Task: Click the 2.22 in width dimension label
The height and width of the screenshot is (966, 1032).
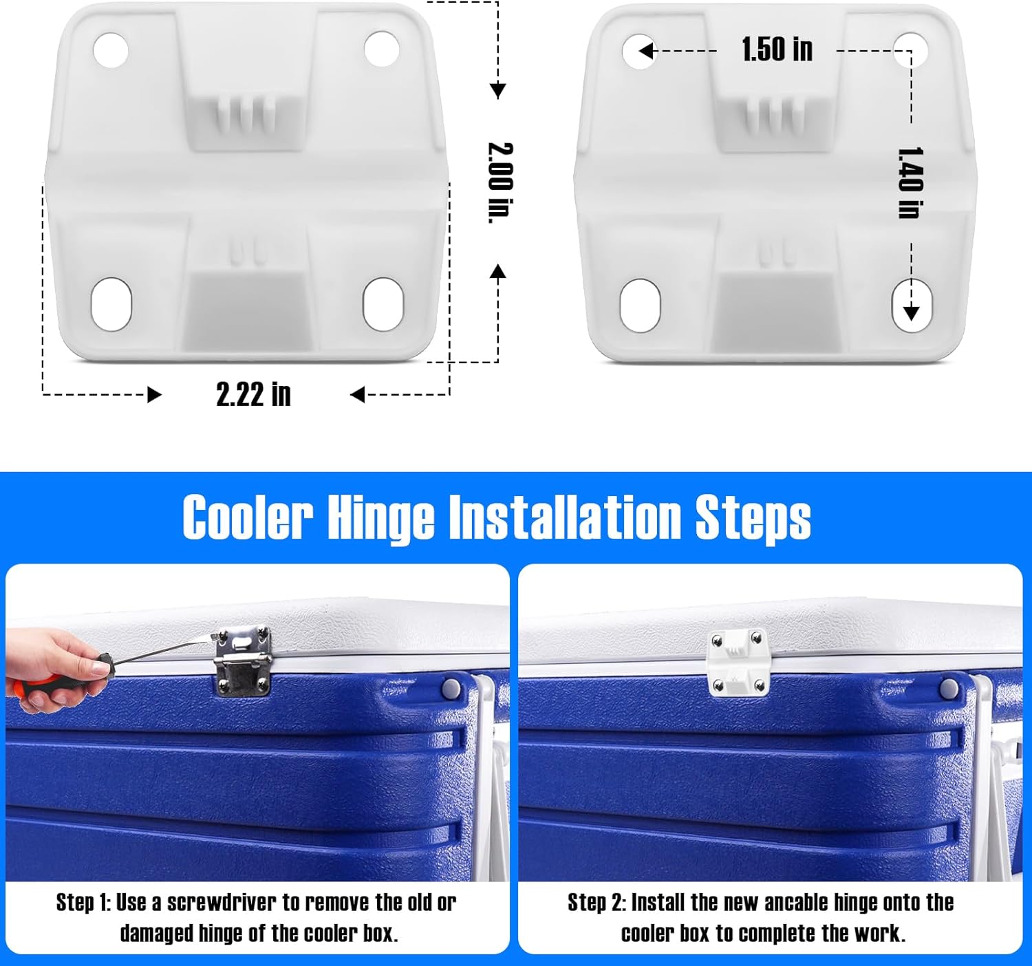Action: click(x=253, y=395)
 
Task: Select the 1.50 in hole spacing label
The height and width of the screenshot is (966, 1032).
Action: click(x=777, y=50)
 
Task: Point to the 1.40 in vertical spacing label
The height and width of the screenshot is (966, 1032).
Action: click(x=910, y=183)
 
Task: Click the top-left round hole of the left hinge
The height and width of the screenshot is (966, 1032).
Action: click(x=111, y=50)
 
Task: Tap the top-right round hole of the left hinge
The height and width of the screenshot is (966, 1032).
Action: click(x=381, y=48)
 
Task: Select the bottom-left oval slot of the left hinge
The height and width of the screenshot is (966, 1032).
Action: click(x=111, y=303)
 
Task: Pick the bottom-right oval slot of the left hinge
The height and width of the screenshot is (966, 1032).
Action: click(x=383, y=303)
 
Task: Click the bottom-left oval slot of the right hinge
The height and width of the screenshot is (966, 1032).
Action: click(x=640, y=305)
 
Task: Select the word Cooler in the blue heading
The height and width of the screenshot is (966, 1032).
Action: click(x=248, y=517)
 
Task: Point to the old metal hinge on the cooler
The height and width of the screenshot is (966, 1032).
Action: click(x=243, y=660)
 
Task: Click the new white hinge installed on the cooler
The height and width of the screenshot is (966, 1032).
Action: click(x=738, y=661)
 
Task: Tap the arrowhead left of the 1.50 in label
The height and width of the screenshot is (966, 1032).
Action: click(x=645, y=51)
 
